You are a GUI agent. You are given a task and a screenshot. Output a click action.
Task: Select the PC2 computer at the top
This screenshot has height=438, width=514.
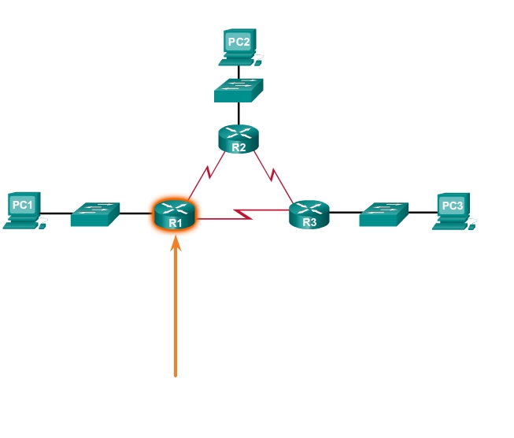[x=239, y=46]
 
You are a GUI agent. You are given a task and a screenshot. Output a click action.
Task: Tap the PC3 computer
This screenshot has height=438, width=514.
[x=453, y=210]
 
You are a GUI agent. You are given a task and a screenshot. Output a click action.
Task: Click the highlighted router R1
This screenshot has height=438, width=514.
[x=176, y=213]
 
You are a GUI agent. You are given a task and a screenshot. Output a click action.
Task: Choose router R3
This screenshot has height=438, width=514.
[x=309, y=213]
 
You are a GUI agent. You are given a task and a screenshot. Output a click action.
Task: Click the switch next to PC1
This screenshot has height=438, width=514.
[x=95, y=213]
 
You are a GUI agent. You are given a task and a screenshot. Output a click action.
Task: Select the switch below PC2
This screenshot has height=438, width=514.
[x=239, y=91]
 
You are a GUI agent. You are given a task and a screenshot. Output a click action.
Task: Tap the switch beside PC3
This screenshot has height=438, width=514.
[x=384, y=213]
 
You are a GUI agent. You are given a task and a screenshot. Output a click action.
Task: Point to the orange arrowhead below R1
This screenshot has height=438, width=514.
[x=176, y=240]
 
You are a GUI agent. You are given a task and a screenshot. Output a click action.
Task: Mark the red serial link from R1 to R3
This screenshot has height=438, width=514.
[x=244, y=213]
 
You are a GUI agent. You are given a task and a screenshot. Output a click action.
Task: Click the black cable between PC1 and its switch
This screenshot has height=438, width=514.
[x=57, y=213]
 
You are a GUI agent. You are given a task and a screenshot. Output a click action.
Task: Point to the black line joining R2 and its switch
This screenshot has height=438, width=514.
[x=239, y=113]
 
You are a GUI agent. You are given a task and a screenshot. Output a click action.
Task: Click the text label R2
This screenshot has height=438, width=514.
[x=239, y=147]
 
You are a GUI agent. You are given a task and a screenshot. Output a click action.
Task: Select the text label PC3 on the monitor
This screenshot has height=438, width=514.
[x=453, y=206]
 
